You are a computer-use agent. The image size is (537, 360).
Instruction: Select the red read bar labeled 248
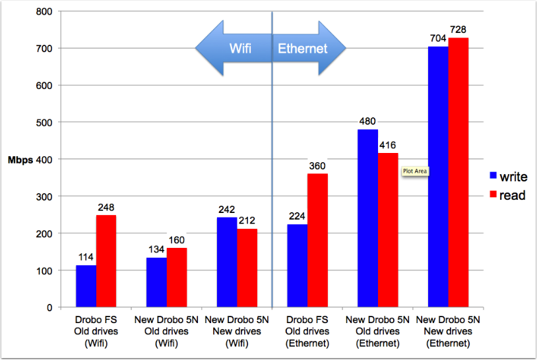[x=106, y=261]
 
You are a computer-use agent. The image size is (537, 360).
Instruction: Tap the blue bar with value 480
[x=367, y=218]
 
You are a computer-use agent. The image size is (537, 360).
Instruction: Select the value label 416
[x=388, y=146]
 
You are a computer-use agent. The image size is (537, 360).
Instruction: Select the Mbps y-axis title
[x=20, y=159]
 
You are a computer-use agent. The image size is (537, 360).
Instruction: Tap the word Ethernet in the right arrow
[x=302, y=48]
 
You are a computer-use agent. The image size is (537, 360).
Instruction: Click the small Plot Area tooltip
[x=415, y=171]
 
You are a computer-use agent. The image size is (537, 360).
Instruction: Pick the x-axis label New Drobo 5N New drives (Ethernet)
[x=448, y=331]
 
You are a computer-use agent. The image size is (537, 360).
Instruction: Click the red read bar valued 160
[x=177, y=278]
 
